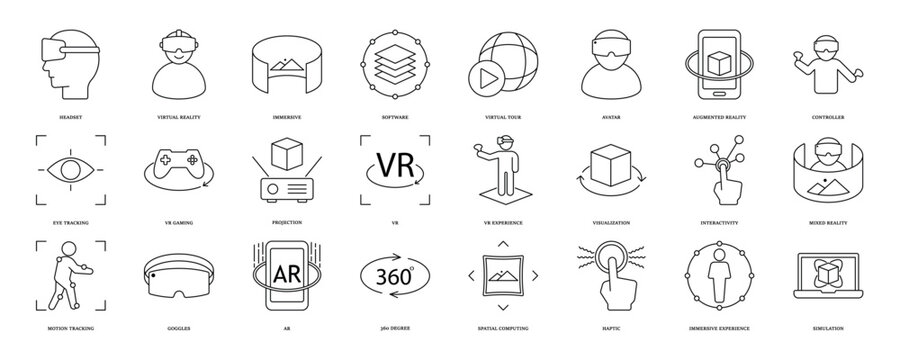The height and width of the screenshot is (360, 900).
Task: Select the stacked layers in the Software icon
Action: (x=389, y=59)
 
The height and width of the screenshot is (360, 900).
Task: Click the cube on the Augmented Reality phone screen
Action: (x=721, y=60)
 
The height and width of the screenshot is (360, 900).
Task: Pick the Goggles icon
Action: (x=180, y=277)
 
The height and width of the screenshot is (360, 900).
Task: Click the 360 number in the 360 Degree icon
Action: (x=389, y=273)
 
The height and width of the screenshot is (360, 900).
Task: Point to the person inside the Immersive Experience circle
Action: (x=719, y=273)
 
